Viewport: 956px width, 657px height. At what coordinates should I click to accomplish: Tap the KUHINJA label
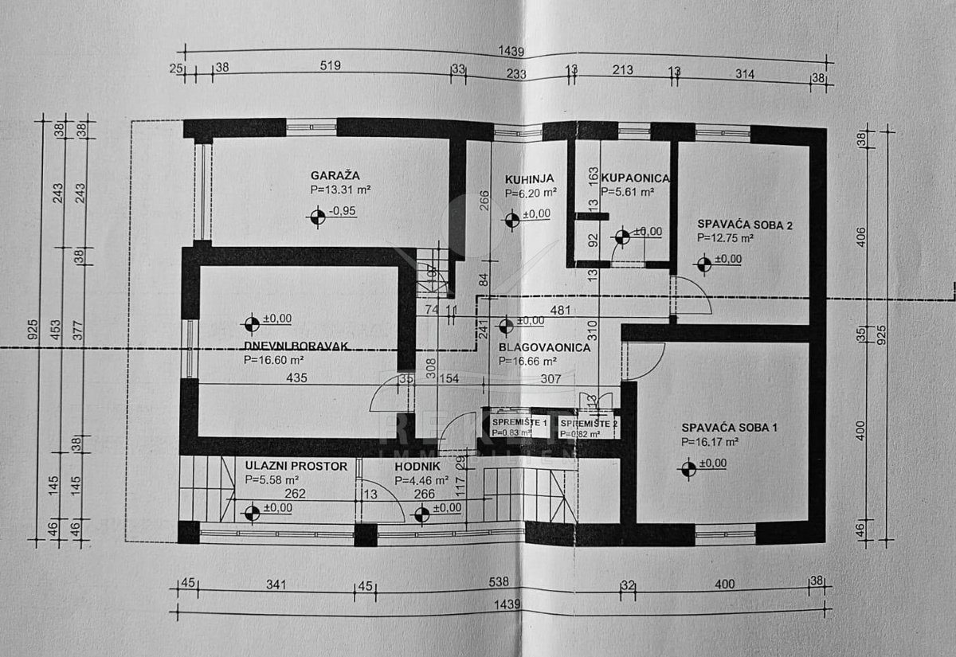click(x=529, y=178)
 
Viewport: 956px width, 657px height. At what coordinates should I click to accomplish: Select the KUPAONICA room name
click(x=635, y=178)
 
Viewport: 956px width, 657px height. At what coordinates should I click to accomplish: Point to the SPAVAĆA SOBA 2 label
click(x=745, y=225)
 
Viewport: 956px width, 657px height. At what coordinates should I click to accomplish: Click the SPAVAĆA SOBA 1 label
click(x=729, y=428)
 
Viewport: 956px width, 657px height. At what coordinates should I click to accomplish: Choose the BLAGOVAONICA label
click(x=544, y=347)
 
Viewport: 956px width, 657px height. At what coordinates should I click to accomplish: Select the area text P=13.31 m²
click(x=341, y=190)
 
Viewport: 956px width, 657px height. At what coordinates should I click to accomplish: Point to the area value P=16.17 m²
click(x=710, y=441)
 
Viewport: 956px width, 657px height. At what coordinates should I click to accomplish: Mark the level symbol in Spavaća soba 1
click(x=689, y=469)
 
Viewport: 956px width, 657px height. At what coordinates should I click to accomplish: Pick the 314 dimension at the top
click(x=745, y=71)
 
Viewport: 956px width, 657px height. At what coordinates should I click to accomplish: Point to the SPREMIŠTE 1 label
click(x=519, y=421)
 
